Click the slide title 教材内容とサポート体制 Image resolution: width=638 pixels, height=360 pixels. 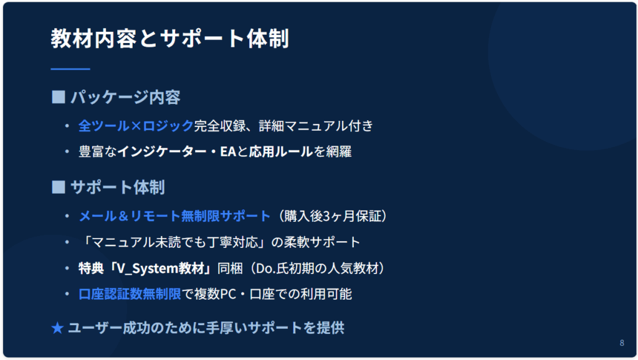pyautogui.click(x=169, y=39)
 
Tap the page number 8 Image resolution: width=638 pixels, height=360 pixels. pyautogui.click(x=622, y=343)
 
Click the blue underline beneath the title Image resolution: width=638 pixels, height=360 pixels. pyautogui.click(x=70, y=69)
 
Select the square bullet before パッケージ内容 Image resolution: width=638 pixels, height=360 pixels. pyautogui.click(x=59, y=97)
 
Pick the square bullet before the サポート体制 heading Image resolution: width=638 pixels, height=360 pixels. pyautogui.click(x=59, y=187)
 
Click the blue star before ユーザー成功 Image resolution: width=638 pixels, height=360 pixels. pyautogui.click(x=57, y=328)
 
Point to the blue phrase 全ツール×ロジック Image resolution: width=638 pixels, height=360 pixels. pyautogui.click(x=136, y=126)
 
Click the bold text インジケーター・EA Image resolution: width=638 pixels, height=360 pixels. pyautogui.click(x=177, y=152)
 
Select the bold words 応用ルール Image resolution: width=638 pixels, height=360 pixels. pyautogui.click(x=281, y=152)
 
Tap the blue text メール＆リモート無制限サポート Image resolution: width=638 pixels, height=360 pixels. pyautogui.click(x=174, y=216)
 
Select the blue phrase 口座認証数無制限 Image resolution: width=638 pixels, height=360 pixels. pyautogui.click(x=130, y=294)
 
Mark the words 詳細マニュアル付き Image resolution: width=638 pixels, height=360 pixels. pyautogui.click(x=316, y=126)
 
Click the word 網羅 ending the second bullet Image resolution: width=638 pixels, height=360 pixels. pyautogui.click(x=338, y=152)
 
